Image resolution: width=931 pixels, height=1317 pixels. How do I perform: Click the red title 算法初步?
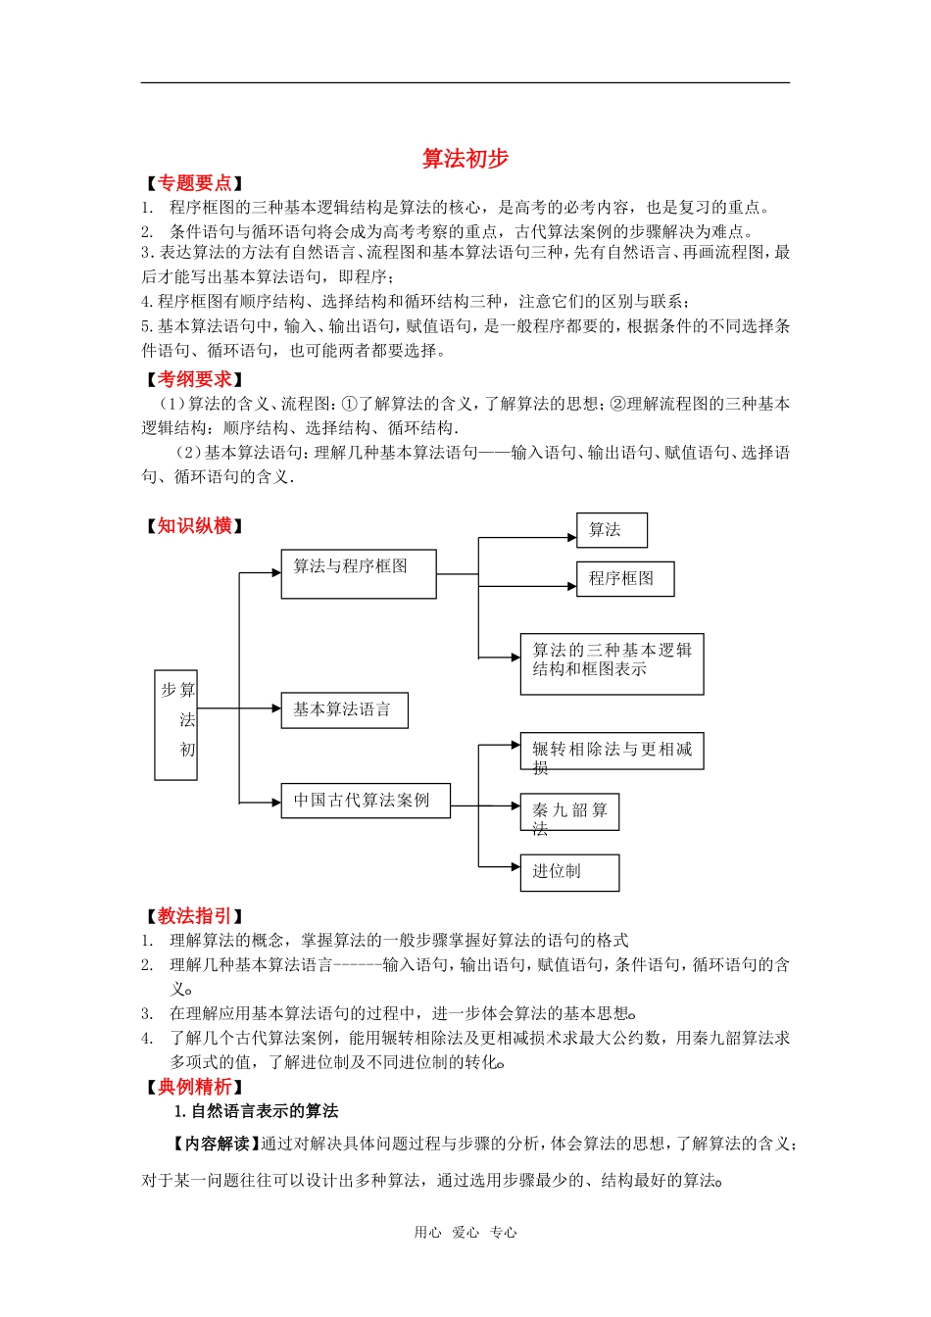click(465, 159)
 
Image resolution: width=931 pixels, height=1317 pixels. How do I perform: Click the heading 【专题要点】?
click(194, 183)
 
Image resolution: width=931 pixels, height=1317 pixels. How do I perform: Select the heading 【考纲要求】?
click(194, 379)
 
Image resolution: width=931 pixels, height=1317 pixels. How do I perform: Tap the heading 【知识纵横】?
click(194, 526)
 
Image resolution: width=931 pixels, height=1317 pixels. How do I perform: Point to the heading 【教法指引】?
click(194, 916)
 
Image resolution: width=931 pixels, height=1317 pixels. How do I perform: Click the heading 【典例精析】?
click(194, 1087)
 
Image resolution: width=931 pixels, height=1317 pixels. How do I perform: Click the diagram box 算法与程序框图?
click(358, 573)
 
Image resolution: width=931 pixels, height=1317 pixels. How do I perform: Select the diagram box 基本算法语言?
click(344, 710)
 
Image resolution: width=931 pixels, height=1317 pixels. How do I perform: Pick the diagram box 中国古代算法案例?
click(366, 801)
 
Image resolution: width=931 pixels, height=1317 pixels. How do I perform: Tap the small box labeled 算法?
click(612, 530)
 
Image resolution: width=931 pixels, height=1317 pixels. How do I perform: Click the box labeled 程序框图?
click(625, 578)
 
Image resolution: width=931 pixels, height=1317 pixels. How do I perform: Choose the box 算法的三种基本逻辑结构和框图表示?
click(612, 664)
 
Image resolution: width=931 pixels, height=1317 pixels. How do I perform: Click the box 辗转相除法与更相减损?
click(612, 752)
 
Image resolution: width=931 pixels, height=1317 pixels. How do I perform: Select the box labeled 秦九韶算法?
click(569, 812)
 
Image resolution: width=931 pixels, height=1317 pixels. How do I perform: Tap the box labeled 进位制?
click(569, 872)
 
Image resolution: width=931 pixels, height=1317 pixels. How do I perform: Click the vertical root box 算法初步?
click(176, 725)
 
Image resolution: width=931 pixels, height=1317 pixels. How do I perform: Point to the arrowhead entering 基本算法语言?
click(276, 708)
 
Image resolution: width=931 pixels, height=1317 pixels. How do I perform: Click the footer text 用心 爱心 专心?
click(465, 1233)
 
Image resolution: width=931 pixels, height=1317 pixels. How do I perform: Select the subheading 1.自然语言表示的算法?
click(257, 1111)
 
